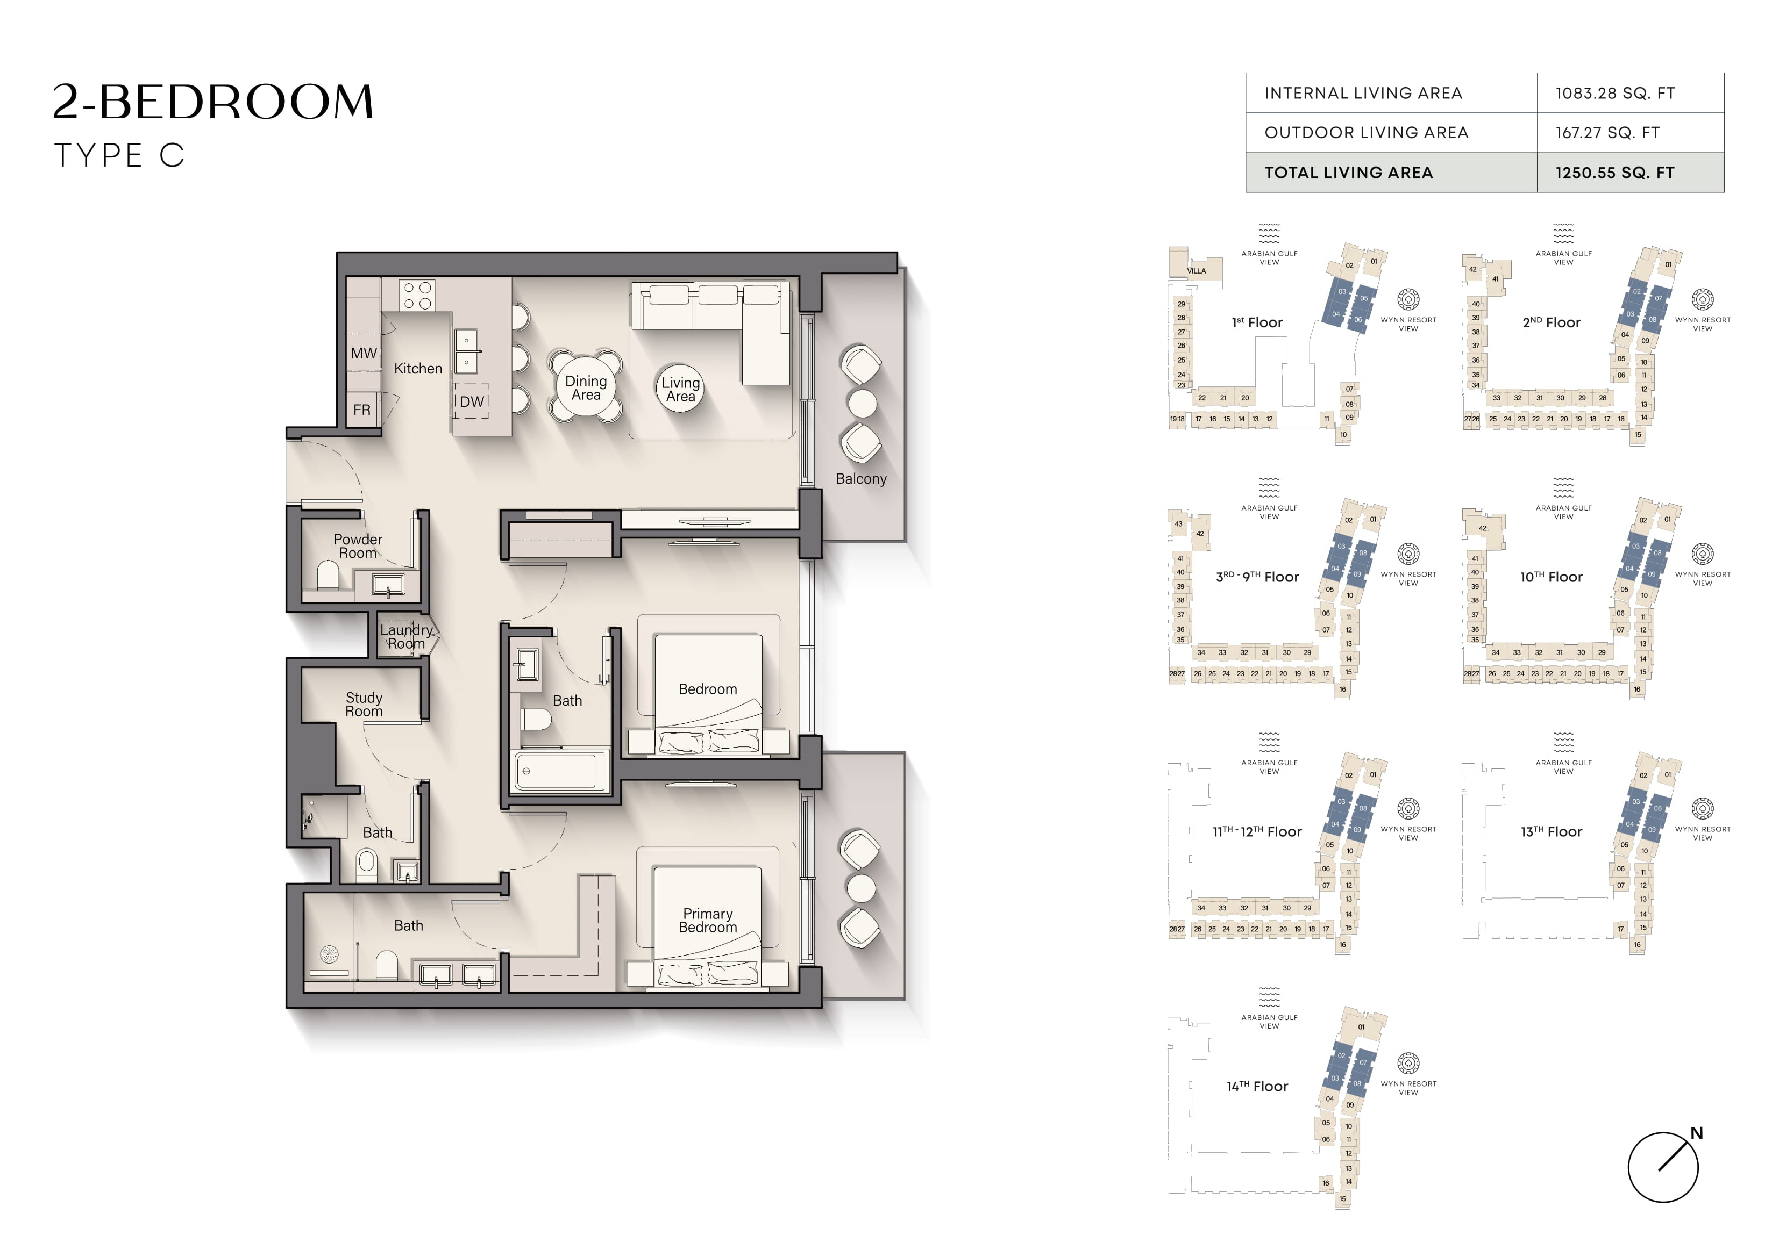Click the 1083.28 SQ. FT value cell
(1615, 94)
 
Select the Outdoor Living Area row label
(1366, 132)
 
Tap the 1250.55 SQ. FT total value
(1615, 173)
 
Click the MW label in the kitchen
(364, 353)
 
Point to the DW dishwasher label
(472, 401)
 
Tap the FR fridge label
(362, 410)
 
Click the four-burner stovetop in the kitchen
(417, 295)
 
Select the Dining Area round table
(586, 387)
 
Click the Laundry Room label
(406, 637)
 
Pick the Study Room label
(364, 704)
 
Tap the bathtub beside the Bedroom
(556, 771)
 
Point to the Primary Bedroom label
(707, 920)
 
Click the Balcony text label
(861, 479)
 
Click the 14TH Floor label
(1257, 1087)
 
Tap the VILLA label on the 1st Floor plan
(1197, 271)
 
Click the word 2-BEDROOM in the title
(213, 102)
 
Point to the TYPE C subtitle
(119, 156)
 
